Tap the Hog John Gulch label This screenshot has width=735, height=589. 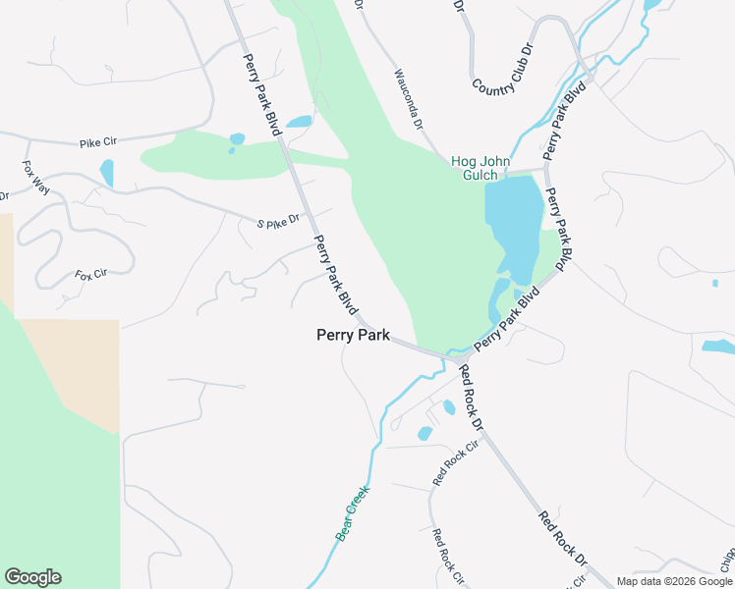pyautogui.click(x=475, y=168)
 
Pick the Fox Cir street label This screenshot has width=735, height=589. pyautogui.click(x=89, y=275)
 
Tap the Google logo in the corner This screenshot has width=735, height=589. pyautogui.click(x=32, y=577)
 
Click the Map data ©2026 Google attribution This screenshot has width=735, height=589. pyautogui.click(x=673, y=581)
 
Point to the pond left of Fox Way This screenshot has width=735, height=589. pyautogui.click(x=106, y=173)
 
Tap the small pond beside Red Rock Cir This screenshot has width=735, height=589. pyautogui.click(x=425, y=433)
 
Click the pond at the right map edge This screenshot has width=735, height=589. pyautogui.click(x=718, y=347)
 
